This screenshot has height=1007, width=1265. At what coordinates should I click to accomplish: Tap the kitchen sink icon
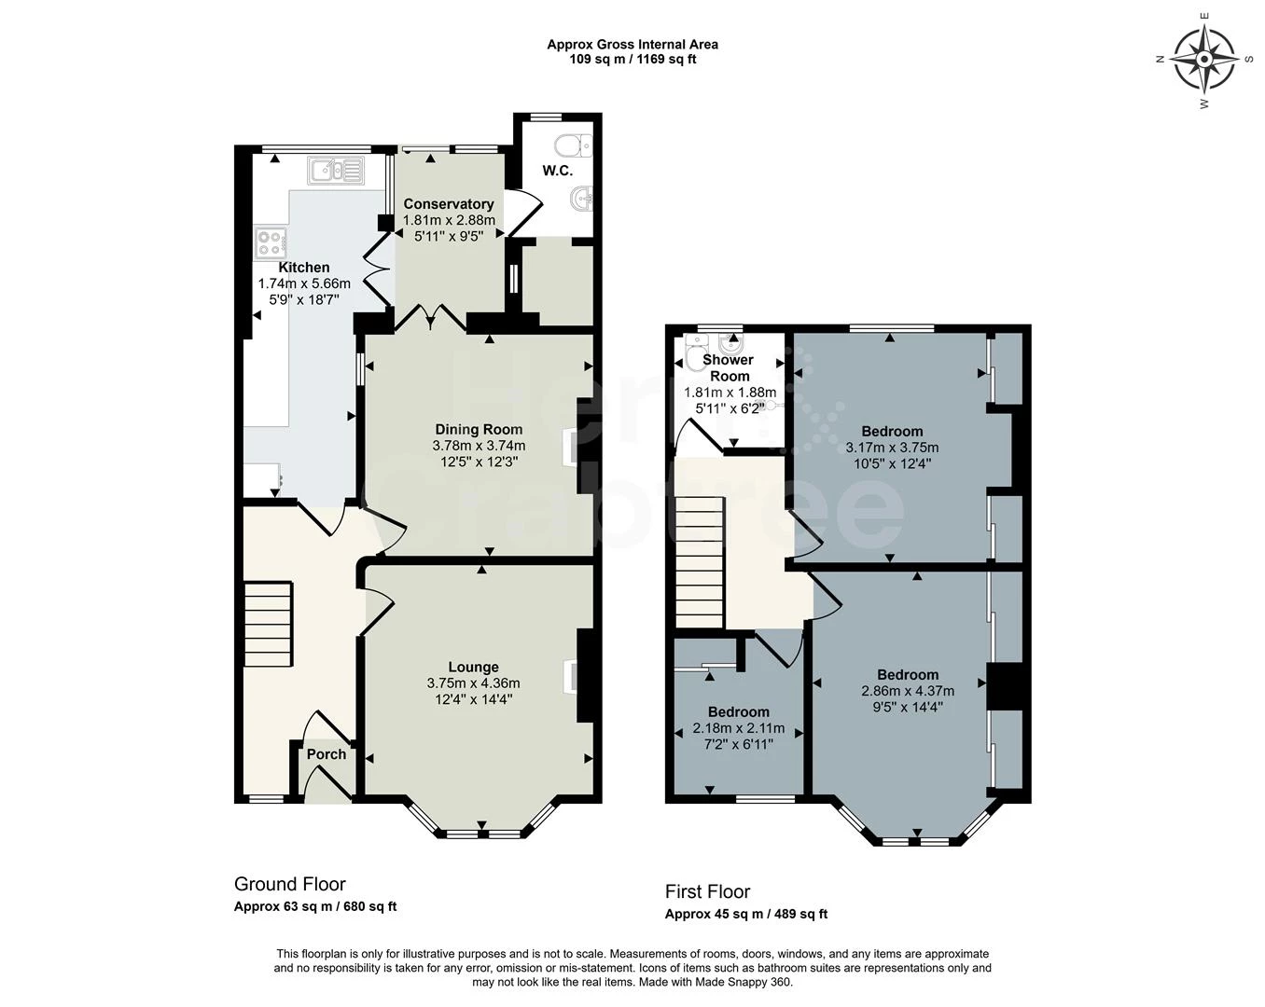(x=335, y=170)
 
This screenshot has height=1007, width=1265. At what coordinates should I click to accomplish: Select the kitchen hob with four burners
(x=271, y=242)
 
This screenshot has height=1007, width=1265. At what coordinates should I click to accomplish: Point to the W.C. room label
(x=558, y=172)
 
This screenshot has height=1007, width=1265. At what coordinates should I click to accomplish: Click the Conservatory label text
(x=448, y=204)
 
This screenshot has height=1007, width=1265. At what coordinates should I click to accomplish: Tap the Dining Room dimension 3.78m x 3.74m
(x=479, y=446)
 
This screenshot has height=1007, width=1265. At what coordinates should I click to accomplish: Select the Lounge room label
(x=473, y=667)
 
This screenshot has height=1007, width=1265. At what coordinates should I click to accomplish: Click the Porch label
(x=327, y=754)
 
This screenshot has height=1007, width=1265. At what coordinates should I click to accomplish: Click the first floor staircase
(x=700, y=562)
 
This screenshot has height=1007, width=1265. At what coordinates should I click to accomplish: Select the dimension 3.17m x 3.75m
(x=892, y=448)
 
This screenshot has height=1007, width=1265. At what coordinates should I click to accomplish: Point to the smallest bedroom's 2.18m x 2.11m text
(x=738, y=728)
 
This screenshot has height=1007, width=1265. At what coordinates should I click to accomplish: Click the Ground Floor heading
(x=289, y=884)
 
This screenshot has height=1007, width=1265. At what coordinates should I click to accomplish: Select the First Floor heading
(x=707, y=891)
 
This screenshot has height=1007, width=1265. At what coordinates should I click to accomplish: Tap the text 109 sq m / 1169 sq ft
(x=632, y=60)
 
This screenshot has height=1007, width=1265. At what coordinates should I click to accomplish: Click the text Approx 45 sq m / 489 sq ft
(x=745, y=914)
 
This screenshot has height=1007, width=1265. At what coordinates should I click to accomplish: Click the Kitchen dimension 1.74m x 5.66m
(x=303, y=283)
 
